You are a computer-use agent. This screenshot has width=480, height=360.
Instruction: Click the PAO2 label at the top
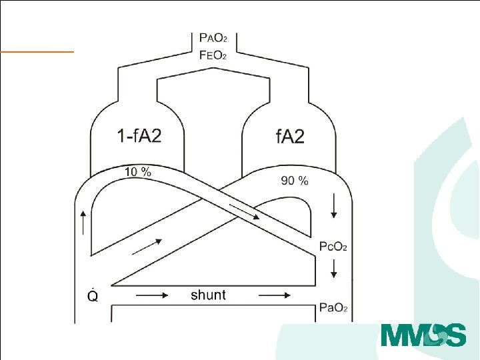coord(213,37)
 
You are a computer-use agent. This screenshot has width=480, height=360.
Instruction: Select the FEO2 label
coord(213,55)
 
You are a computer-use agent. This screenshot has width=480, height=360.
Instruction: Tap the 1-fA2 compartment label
coord(139,135)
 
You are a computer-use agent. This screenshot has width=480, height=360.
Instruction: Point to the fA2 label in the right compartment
coord(290,136)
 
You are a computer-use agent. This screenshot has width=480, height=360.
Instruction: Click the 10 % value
coord(138,172)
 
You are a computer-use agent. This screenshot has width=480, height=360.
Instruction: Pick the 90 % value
coord(295,181)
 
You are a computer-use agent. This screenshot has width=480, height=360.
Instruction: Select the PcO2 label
coord(333,247)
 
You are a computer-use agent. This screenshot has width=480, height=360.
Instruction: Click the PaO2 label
coord(333,307)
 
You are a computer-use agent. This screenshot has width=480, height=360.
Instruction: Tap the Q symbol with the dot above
coord(93,295)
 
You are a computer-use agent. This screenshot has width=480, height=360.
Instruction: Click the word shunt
coord(208,295)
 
